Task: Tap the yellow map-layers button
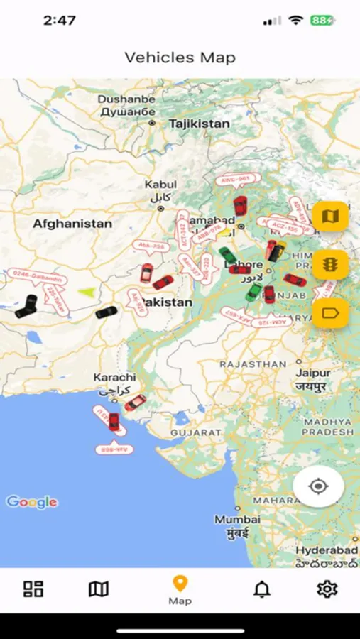pyautogui.click(x=330, y=216)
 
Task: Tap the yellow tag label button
pyautogui.click(x=330, y=312)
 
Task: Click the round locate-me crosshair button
pyautogui.click(x=318, y=486)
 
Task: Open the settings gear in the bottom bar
pyautogui.click(x=327, y=589)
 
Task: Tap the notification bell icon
pyautogui.click(x=262, y=589)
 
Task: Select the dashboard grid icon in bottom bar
pyautogui.click(x=33, y=589)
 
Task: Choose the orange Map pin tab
pyautogui.click(x=180, y=590)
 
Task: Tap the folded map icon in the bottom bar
pyautogui.click(x=99, y=589)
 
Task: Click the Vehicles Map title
pyautogui.click(x=180, y=58)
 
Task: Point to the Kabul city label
pyautogui.click(x=160, y=185)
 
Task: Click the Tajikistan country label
pyautogui.click(x=199, y=124)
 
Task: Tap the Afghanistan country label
pyautogui.click(x=72, y=224)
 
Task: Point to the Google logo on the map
pyautogui.click(x=32, y=502)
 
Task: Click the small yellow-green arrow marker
pyautogui.click(x=86, y=291)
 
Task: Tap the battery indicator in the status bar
pyautogui.click(x=321, y=21)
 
